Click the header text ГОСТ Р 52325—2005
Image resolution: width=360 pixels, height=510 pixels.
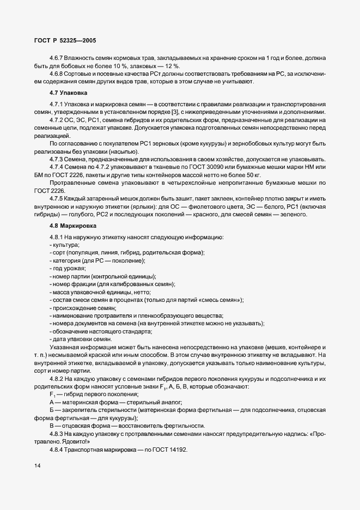tap(63, 40)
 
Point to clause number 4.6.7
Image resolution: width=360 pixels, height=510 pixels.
tap(57, 57)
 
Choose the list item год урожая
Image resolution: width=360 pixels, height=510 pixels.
tap(69, 269)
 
